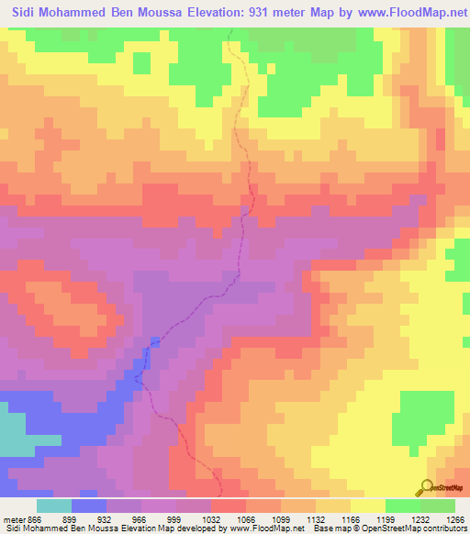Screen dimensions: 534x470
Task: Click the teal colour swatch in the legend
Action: point(53,506)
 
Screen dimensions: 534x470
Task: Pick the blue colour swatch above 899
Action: point(89,506)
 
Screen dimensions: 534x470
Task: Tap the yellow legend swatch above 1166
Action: point(367,506)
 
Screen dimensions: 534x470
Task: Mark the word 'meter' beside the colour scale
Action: point(14,518)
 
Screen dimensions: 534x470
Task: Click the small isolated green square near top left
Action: point(141,62)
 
